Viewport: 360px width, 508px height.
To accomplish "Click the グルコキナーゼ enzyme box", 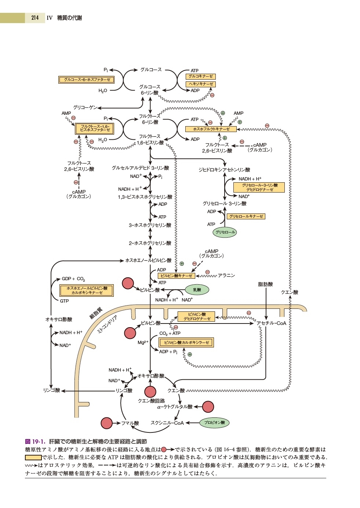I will [201, 77].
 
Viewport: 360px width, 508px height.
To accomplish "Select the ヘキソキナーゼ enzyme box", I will [201, 84].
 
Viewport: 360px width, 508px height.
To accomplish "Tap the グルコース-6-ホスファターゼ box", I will [87, 80].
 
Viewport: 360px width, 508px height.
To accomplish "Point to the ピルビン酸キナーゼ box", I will [176, 276].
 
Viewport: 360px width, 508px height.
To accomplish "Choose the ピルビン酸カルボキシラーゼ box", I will [186, 343].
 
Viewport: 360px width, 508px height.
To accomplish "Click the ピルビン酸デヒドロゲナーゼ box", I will [197, 317].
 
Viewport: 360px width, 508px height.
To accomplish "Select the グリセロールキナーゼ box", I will [246, 216].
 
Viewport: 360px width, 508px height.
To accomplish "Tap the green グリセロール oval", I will [225, 232].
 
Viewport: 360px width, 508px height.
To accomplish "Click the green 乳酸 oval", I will [197, 290].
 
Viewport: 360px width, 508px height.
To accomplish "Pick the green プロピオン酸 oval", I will [214, 423].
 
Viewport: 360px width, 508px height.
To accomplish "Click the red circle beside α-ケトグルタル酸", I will [208, 407].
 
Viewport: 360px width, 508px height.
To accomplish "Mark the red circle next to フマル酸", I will [106, 423].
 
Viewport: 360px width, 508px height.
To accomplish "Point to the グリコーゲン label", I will [85, 107].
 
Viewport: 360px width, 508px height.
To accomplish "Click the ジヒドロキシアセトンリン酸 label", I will [224, 170].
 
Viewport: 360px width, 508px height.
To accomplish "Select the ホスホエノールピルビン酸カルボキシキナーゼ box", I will [87, 290].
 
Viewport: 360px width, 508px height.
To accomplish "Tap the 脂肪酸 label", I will [265, 284].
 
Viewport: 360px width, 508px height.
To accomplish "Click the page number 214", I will [35, 18].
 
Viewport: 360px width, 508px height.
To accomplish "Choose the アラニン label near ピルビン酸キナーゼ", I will [226, 275].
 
